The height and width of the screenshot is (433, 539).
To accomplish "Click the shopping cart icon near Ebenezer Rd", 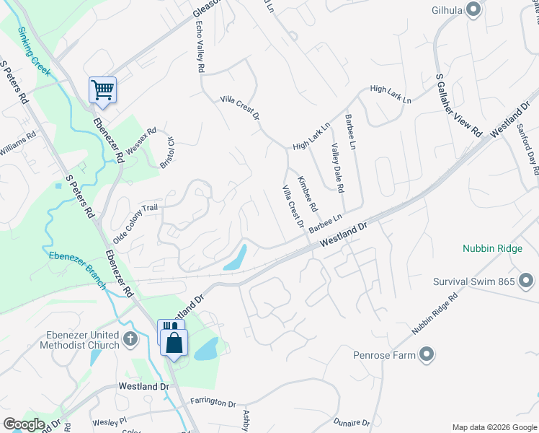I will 102,90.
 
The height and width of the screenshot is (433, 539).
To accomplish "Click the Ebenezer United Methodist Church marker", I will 130,338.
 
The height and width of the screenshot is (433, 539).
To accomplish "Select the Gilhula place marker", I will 473,9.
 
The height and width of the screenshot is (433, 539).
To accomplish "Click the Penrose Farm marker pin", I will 427,354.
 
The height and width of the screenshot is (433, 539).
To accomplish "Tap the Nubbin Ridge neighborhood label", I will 491,248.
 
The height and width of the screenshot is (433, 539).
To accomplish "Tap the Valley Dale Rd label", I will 337,167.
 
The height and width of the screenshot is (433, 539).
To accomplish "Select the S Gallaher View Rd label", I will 458,106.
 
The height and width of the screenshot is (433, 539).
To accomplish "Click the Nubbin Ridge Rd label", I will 435,313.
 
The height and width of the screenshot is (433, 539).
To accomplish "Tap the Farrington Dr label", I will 213,403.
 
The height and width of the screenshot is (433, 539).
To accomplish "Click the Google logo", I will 23,424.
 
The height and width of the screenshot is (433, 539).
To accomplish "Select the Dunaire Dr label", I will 352,422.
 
